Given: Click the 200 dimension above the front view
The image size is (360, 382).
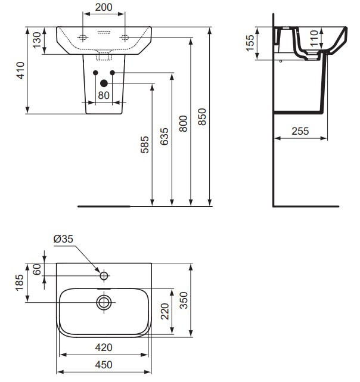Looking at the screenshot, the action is coord(104,7).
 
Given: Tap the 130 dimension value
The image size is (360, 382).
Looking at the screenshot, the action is coord(37,40).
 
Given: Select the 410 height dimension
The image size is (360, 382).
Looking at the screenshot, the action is coord(20,70).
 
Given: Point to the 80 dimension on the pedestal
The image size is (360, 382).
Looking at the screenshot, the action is coord(104,95).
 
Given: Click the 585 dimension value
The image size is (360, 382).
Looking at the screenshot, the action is coord(144,145).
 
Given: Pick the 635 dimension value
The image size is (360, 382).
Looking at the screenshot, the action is coord(165,136).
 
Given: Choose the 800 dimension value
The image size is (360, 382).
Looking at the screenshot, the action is coord(184,124).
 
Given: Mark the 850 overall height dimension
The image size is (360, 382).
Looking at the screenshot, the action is coord(202,117).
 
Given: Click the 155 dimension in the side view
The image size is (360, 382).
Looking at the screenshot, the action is coord(250,43).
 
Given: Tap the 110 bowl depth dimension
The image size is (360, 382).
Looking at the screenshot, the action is coord(315,38).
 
